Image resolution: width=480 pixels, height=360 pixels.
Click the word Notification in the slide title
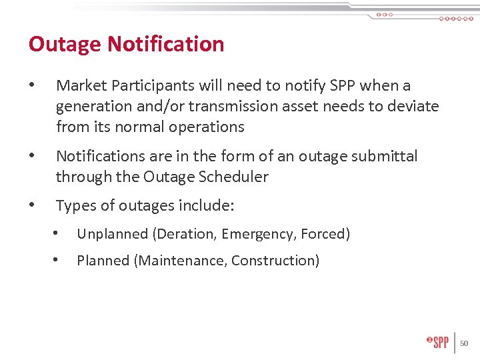165,44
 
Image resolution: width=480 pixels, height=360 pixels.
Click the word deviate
414,107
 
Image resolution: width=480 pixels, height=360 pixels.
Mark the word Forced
325,234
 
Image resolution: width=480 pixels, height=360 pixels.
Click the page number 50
465,343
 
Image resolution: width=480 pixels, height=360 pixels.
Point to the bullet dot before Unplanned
57,235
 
